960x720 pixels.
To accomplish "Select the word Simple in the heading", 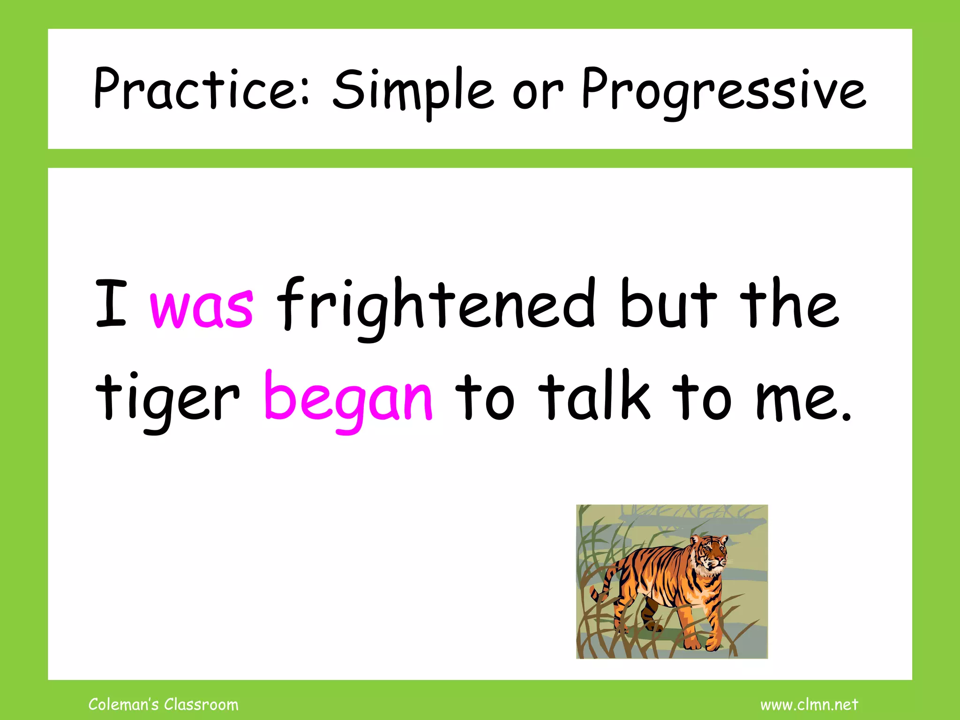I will [x=412, y=91].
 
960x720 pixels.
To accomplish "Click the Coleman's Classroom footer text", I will [x=163, y=705].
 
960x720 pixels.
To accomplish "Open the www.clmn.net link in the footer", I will [x=809, y=705].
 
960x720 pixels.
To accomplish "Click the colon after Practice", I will [x=305, y=94].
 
